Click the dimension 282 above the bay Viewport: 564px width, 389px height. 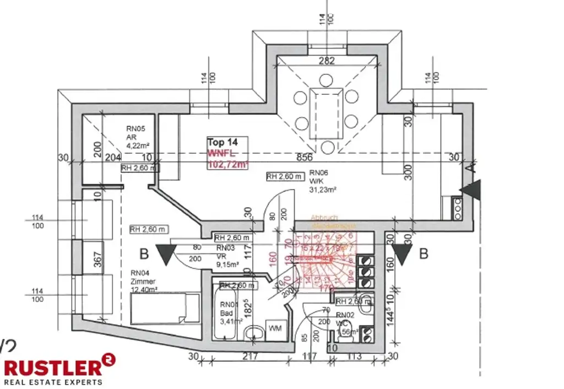tap(327, 61)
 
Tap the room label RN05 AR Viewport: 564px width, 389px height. tap(135, 137)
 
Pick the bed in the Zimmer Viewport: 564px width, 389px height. tap(165, 308)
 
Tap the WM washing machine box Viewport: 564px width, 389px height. tap(275, 328)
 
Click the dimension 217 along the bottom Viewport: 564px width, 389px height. tap(251, 356)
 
